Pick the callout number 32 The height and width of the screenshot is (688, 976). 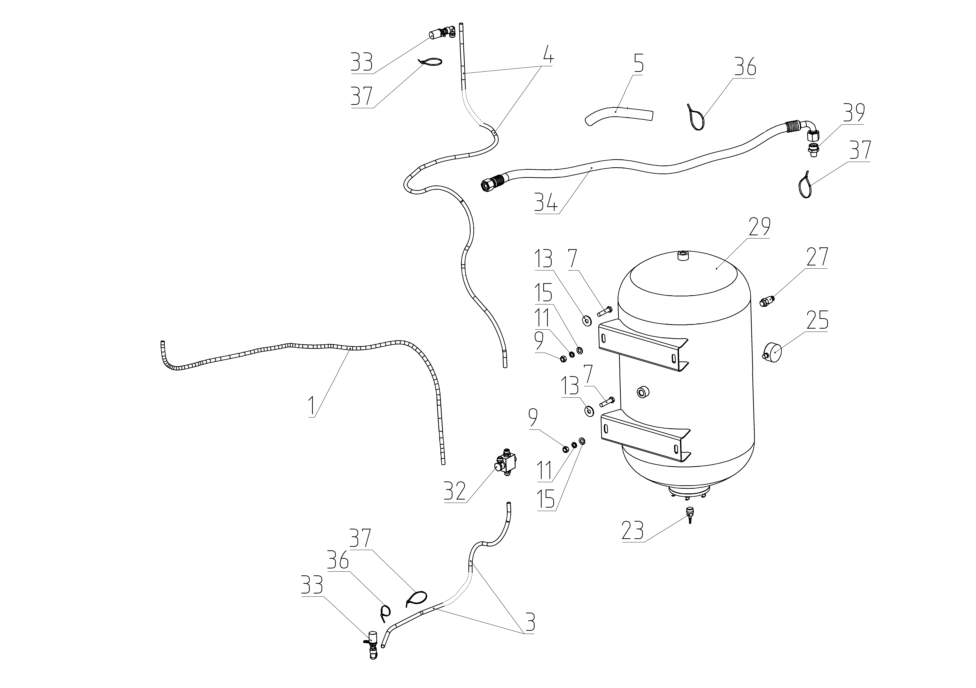pos(455,491)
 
